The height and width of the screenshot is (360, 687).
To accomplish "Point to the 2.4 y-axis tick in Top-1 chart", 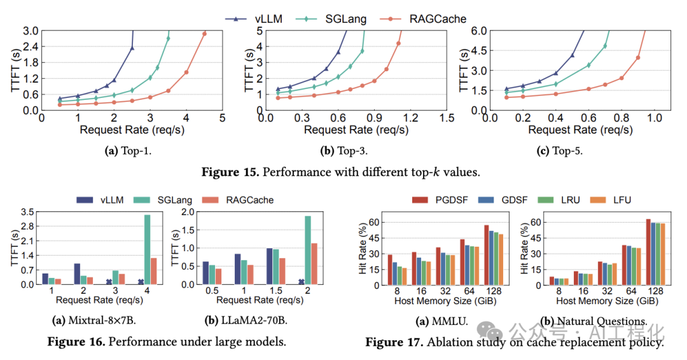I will [x=29, y=46].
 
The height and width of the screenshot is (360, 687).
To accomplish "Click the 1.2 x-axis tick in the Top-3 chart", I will [x=410, y=118].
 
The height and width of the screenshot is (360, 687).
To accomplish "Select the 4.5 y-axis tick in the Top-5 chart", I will [x=478, y=50].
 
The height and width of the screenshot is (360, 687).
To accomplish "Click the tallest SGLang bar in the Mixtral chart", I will [x=148, y=249].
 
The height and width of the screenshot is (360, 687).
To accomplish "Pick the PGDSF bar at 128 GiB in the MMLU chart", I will [x=487, y=254].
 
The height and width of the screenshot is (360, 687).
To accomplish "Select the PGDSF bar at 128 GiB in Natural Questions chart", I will [x=648, y=251].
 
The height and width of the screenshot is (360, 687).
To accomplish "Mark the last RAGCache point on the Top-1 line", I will [x=204, y=34].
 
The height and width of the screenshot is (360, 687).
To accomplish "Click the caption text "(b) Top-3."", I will [x=344, y=151].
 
